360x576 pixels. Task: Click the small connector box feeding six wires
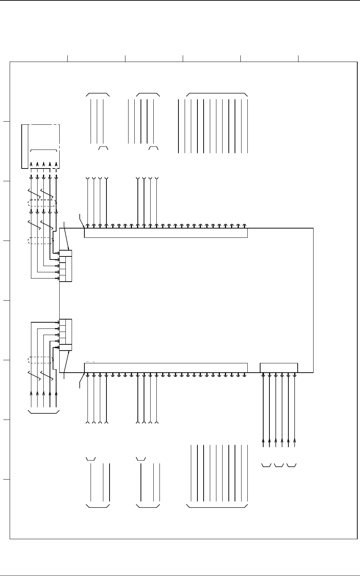click(279, 367)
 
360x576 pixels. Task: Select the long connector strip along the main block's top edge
click(166, 233)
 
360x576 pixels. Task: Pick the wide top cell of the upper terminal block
click(66, 253)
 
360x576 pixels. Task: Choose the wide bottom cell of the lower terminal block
click(66, 347)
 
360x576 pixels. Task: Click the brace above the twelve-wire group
click(217, 94)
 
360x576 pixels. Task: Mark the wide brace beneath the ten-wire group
click(217, 506)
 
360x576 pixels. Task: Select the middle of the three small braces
click(279, 465)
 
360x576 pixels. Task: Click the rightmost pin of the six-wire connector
click(295, 375)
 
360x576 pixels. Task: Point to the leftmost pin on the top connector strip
click(87, 225)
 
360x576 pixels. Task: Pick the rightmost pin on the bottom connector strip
click(245, 375)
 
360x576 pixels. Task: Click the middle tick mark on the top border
click(183, 58)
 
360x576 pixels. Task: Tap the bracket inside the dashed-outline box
click(44, 150)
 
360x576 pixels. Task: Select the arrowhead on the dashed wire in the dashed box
click(57, 163)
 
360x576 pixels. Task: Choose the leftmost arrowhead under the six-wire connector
click(263, 440)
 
